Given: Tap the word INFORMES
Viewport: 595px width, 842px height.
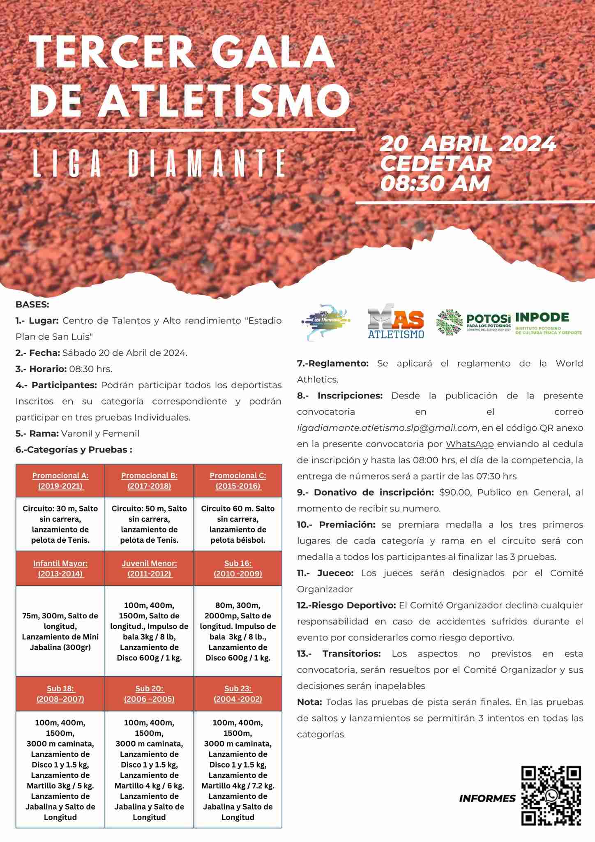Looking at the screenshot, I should pyautogui.click(x=487, y=798).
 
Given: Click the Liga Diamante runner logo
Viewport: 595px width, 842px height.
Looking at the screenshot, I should pyautogui.click(x=325, y=322).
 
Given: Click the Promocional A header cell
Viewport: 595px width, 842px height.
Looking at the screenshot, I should pyautogui.click(x=60, y=481).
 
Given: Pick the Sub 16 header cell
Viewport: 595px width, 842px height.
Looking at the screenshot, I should pyautogui.click(x=238, y=569).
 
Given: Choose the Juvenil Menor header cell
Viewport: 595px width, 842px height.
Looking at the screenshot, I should pyautogui.click(x=149, y=569).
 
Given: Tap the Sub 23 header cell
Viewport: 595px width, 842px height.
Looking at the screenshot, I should pyautogui.click(x=238, y=694).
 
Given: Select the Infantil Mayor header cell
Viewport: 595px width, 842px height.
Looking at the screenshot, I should pyautogui.click(x=60, y=569).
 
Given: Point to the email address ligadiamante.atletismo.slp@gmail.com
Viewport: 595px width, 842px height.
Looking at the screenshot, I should pyautogui.click(x=387, y=428).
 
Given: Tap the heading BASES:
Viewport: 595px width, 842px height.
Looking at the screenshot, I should pyautogui.click(x=32, y=305).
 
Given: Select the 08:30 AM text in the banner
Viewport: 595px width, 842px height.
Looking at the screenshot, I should pyautogui.click(x=435, y=183).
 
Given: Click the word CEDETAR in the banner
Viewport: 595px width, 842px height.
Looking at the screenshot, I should pyautogui.click(x=436, y=164).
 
